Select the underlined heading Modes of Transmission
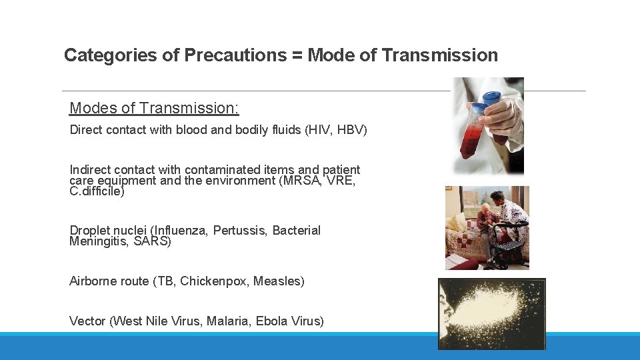click(x=154, y=108)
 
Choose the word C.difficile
click(x=97, y=191)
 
